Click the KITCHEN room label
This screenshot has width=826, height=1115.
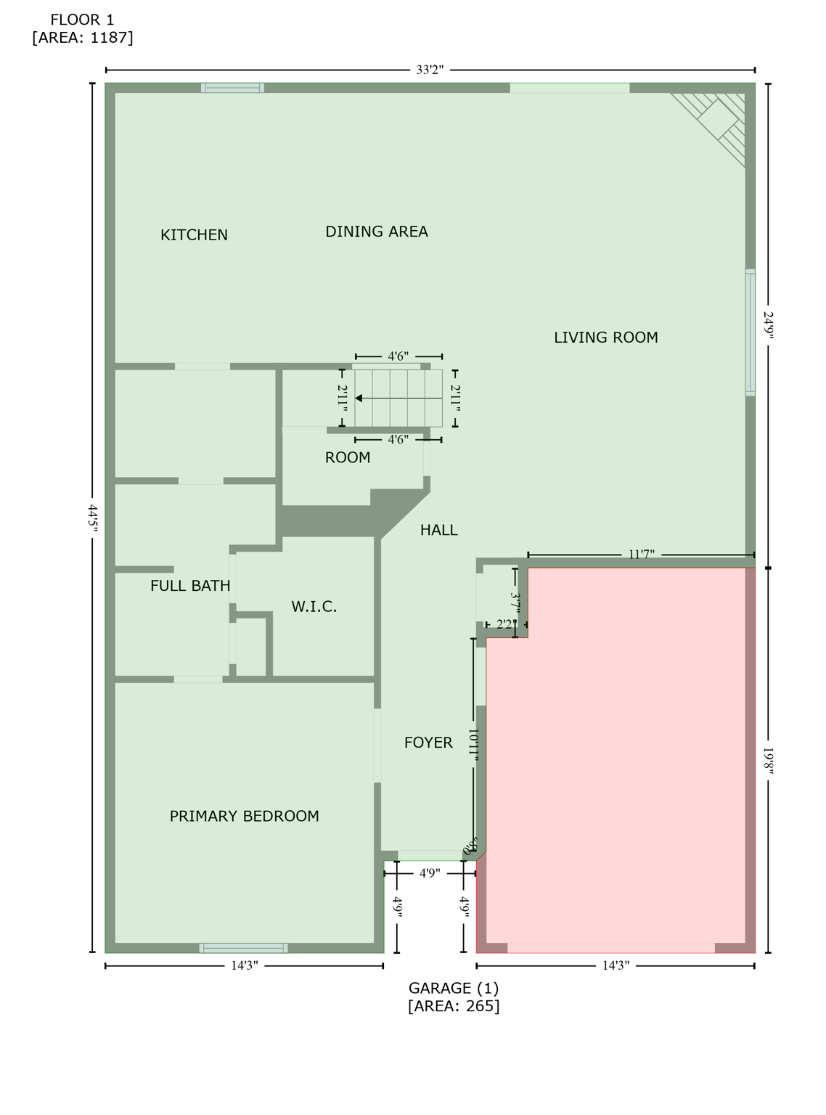click(194, 234)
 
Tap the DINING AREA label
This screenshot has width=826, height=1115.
click(376, 232)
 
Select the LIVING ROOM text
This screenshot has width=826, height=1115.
click(605, 338)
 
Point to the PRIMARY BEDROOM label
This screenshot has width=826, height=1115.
click(244, 816)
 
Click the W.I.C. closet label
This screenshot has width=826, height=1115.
click(314, 607)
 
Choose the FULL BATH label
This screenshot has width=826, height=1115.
click(190, 586)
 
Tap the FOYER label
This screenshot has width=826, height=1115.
click(428, 743)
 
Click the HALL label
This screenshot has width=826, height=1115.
click(438, 531)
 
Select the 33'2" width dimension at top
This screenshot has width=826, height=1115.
click(430, 70)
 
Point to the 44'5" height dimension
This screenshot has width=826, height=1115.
click(93, 518)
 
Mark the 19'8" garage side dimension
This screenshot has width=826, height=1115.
click(768, 761)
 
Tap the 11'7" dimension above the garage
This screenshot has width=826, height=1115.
click(641, 555)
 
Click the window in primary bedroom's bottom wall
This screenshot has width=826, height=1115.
click(244, 948)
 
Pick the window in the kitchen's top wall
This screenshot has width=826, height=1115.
click(232, 88)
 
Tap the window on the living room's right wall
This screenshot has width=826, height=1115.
click(751, 332)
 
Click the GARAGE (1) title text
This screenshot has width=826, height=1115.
click(453, 988)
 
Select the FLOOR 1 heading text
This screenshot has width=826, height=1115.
click(82, 20)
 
